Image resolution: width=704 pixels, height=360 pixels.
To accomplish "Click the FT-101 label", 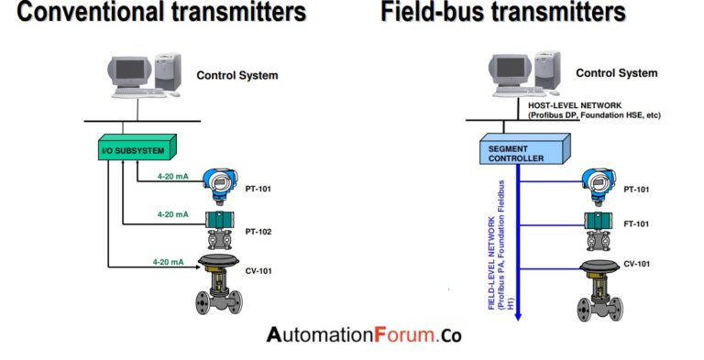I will (637, 224).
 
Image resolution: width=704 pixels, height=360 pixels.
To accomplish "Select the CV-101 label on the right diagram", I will (637, 264).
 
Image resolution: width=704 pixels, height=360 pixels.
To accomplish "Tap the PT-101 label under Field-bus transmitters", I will (637, 189).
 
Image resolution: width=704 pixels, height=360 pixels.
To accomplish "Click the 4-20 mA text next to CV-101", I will (168, 262).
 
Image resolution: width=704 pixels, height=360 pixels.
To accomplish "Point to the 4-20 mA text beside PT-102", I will (172, 213).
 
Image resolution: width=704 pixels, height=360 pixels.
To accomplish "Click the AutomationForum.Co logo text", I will (364, 335).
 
